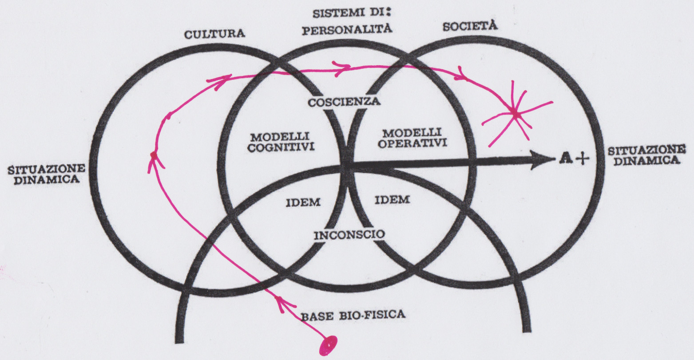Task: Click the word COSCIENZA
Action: tap(345, 102)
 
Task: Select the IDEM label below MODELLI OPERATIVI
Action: tap(392, 199)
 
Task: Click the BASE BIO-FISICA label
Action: tap(353, 316)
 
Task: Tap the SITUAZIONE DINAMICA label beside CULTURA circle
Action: tap(44, 174)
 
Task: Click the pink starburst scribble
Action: tap(515, 115)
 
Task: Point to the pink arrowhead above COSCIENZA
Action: tap(343, 67)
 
